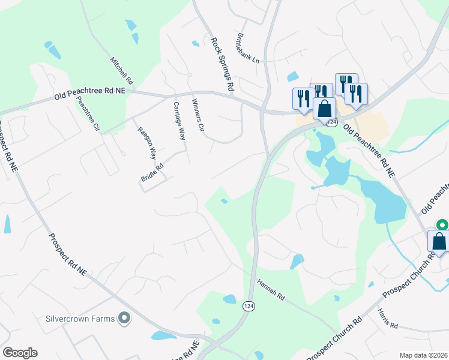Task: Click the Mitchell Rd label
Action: click(x=122, y=70)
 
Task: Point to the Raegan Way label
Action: click(x=146, y=143)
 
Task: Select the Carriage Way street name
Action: click(x=179, y=121)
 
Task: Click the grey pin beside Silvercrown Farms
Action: click(x=124, y=318)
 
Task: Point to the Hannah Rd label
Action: click(x=270, y=289)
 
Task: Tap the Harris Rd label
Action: click(x=387, y=319)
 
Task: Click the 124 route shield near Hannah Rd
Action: click(x=247, y=306)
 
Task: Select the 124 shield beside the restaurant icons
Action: click(x=331, y=122)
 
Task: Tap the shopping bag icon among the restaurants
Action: click(x=324, y=109)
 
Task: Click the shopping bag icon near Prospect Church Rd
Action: click(x=439, y=241)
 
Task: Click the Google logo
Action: click(x=20, y=353)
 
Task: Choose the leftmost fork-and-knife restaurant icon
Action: click(x=302, y=97)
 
